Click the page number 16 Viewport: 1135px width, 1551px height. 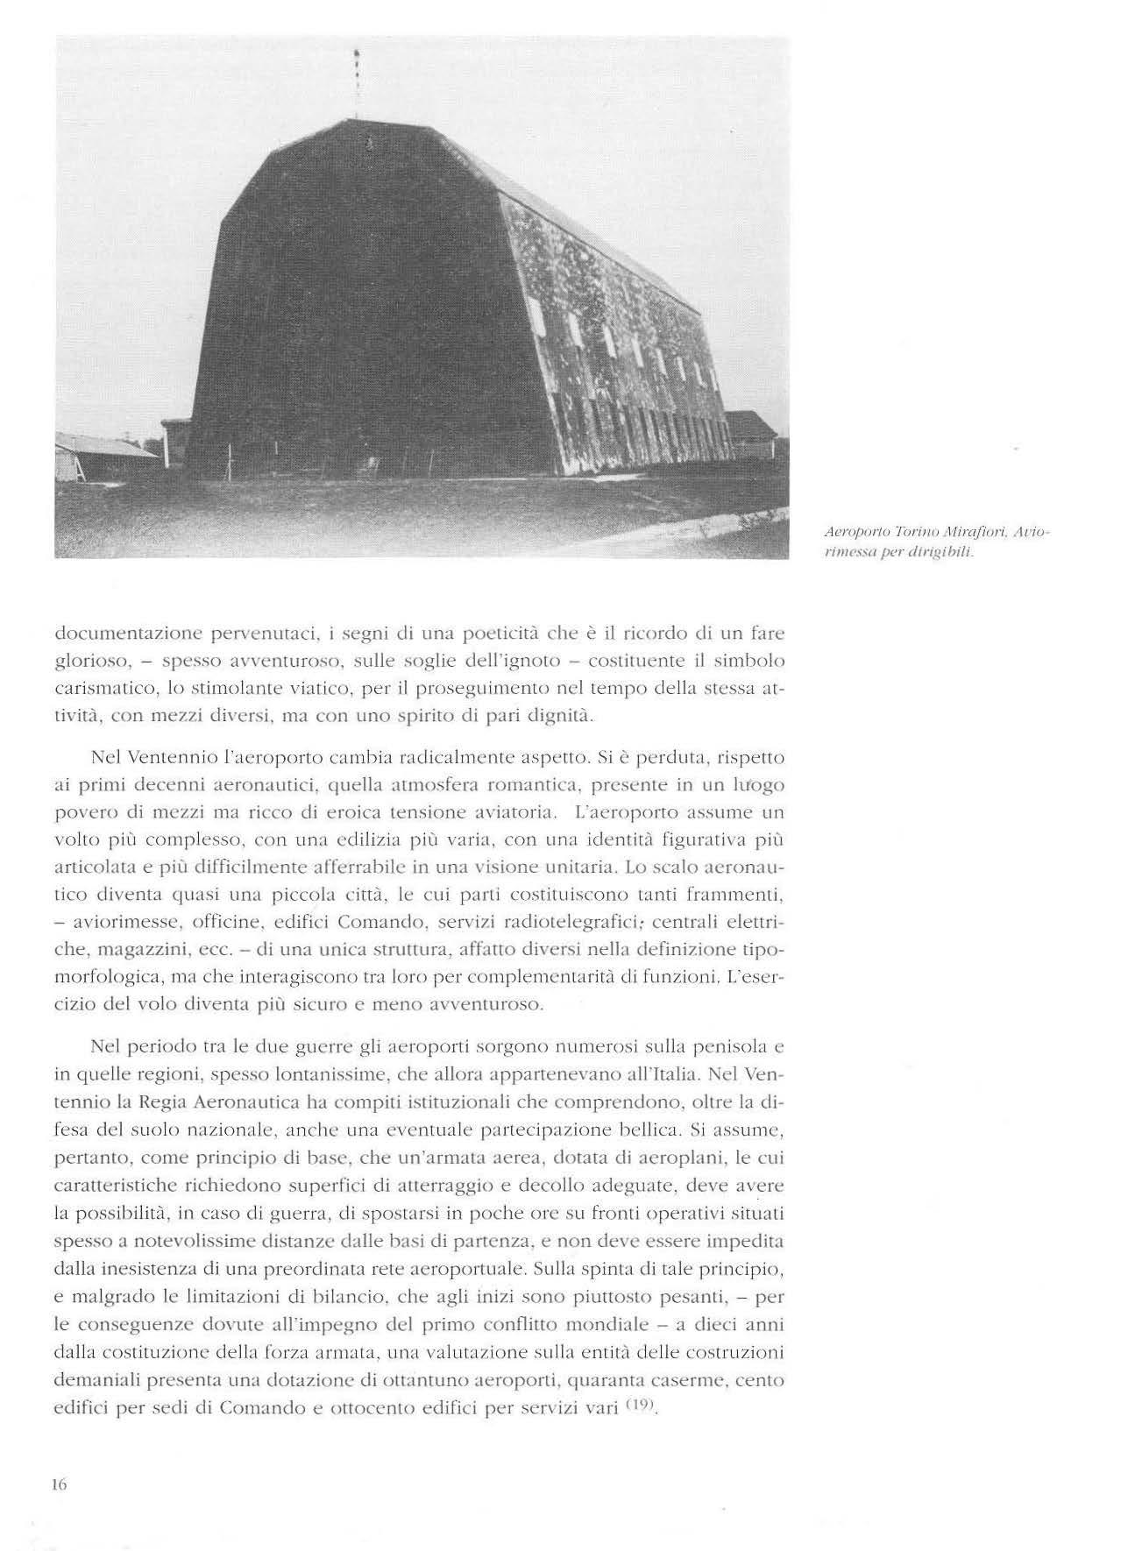click(60, 1484)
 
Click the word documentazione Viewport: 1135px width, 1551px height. click(124, 632)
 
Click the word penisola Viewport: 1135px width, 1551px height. click(729, 1046)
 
